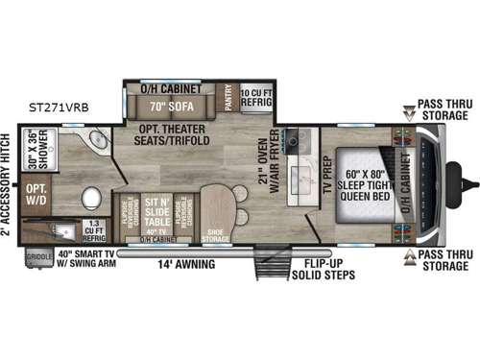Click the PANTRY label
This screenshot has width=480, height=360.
click(228, 98)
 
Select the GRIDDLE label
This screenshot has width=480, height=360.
click(37, 256)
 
